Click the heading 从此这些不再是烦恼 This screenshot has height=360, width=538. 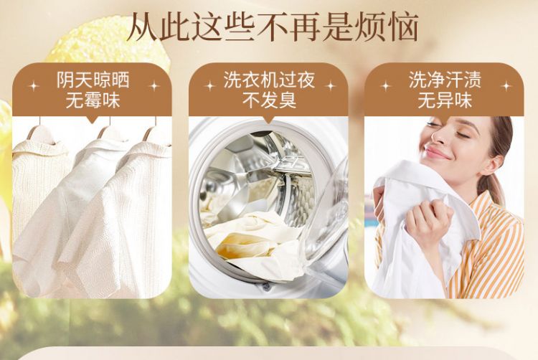click(273, 27)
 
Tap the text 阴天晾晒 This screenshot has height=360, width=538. click(93, 80)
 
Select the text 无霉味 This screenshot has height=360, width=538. click(93, 101)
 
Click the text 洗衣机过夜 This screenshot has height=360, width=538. click(269, 80)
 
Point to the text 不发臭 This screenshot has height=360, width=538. click(269, 100)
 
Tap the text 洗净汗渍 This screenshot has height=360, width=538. click(445, 80)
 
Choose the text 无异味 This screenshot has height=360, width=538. click(445, 100)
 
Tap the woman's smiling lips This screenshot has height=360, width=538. click(436, 153)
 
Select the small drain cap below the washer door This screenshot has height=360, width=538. click(266, 287)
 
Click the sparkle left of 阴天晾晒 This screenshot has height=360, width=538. click(34, 86)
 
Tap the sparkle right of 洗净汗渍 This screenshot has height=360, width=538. click(506, 86)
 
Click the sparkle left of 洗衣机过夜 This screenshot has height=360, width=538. click(209, 86)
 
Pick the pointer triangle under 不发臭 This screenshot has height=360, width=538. click(269, 120)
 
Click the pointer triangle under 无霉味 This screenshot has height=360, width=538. click(93, 120)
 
